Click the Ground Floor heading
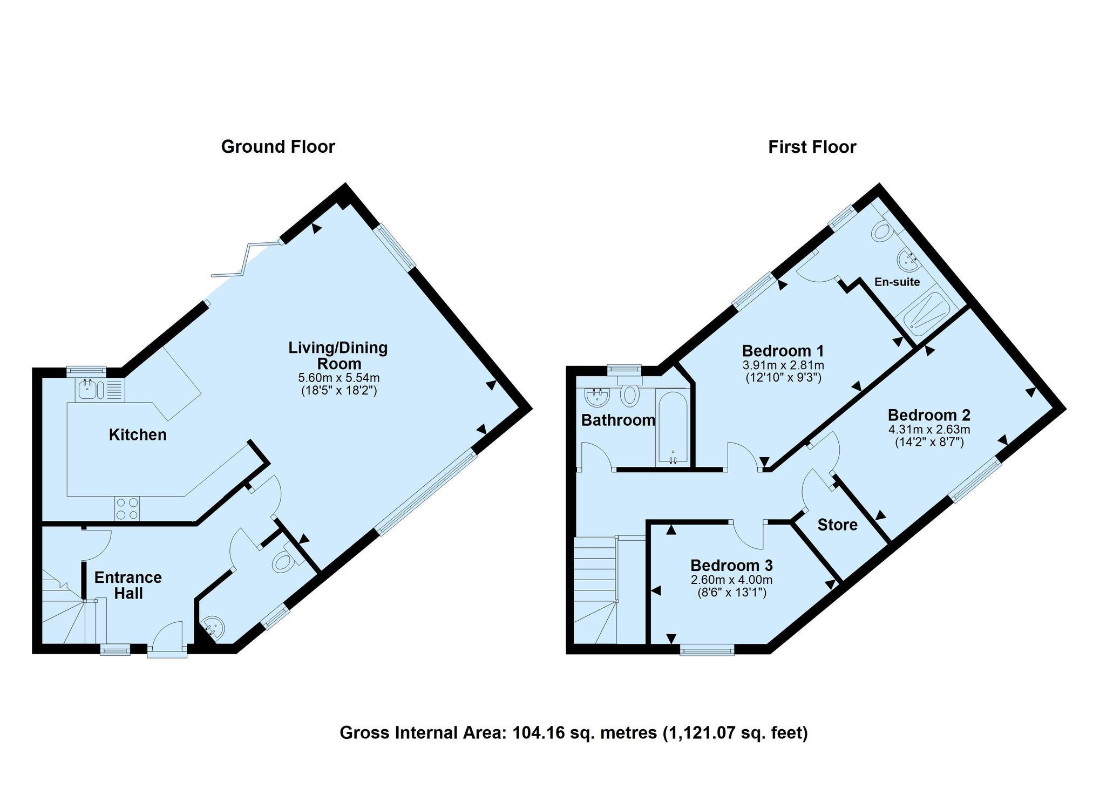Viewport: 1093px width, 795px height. [x=278, y=147]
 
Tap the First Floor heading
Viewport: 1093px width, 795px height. [x=812, y=147]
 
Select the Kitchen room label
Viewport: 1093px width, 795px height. [x=138, y=434]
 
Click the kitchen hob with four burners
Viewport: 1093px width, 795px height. [x=127, y=508]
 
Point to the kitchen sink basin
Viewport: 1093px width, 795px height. [x=87, y=389]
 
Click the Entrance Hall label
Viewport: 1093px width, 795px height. [x=128, y=585]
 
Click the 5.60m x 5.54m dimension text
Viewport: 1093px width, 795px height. [x=339, y=378]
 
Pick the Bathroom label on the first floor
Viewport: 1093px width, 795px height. [x=618, y=420]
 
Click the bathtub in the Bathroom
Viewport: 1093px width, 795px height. [x=672, y=426]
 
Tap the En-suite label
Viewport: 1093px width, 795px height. [x=897, y=282]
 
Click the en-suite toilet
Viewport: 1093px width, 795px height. [x=882, y=230]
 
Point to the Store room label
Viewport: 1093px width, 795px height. [x=837, y=525]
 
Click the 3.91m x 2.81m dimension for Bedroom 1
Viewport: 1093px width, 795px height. [x=783, y=365]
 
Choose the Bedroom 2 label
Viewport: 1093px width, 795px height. [x=929, y=415]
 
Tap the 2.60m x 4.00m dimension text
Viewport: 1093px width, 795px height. [x=731, y=580]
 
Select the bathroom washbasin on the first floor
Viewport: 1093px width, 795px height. [x=598, y=398]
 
